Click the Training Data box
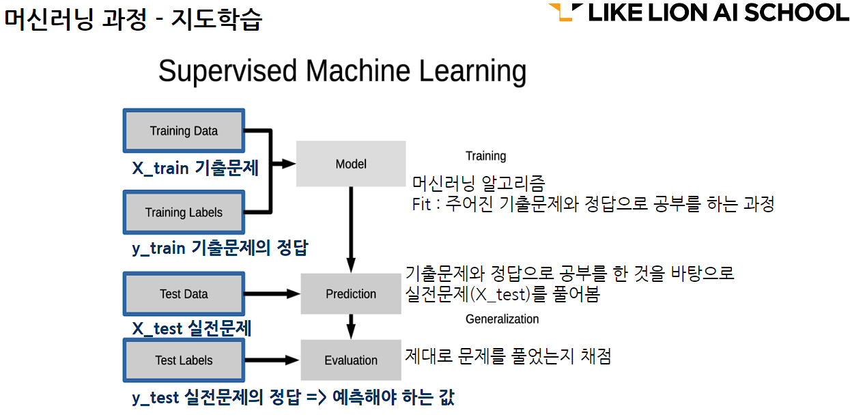coord(184,131)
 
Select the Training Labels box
coord(184,212)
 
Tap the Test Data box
coord(184,293)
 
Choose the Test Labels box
coord(184,360)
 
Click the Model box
coord(351,164)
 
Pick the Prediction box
coord(351,293)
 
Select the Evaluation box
coord(351,360)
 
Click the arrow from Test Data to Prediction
coord(272,293)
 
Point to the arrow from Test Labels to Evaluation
coord(272,360)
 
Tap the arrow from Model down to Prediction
coord(351,229)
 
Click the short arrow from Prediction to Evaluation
coord(351,327)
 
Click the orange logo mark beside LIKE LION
coord(565,12)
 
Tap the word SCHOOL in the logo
coord(796,12)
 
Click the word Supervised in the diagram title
coord(227,72)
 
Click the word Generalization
coord(502,319)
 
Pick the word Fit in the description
coord(421,205)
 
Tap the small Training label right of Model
coord(485,156)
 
